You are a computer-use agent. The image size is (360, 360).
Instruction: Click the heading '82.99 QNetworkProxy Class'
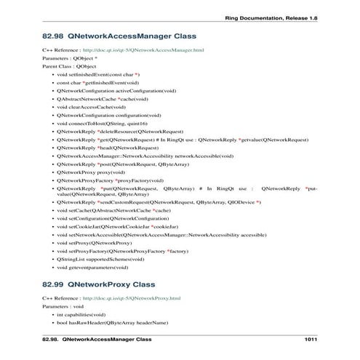tap(99, 284)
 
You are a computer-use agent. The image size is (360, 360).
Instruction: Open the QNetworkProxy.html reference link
tap(132, 298)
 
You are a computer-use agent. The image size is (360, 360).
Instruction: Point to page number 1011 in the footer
tap(311, 340)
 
